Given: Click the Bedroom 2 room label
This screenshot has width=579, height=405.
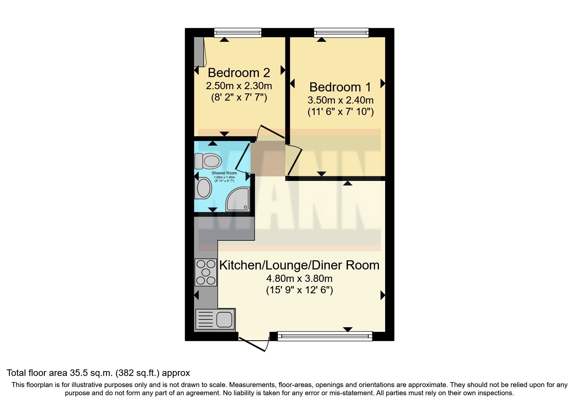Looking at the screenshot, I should pyautogui.click(x=239, y=73).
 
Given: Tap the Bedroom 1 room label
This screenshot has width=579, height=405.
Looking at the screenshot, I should pyautogui.click(x=340, y=87).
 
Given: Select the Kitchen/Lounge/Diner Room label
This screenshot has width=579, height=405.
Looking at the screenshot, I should pyautogui.click(x=299, y=265).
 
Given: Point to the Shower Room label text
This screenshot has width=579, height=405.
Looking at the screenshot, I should pyautogui.click(x=224, y=173).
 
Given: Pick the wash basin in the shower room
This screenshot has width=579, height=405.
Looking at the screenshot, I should pyautogui.click(x=203, y=188).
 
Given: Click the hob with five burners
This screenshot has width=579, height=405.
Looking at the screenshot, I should pyautogui.click(x=206, y=272).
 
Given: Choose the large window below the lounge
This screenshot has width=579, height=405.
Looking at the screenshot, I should pyautogui.click(x=325, y=336).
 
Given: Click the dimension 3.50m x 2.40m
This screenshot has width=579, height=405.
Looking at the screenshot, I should pyautogui.click(x=340, y=100).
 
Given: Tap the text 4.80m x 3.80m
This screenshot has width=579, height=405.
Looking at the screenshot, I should pyautogui.click(x=299, y=279).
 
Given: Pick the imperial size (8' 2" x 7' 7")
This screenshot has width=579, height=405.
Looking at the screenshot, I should pyautogui.click(x=239, y=98).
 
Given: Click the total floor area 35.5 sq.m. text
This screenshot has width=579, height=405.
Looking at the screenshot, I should pyautogui.click(x=98, y=373).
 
